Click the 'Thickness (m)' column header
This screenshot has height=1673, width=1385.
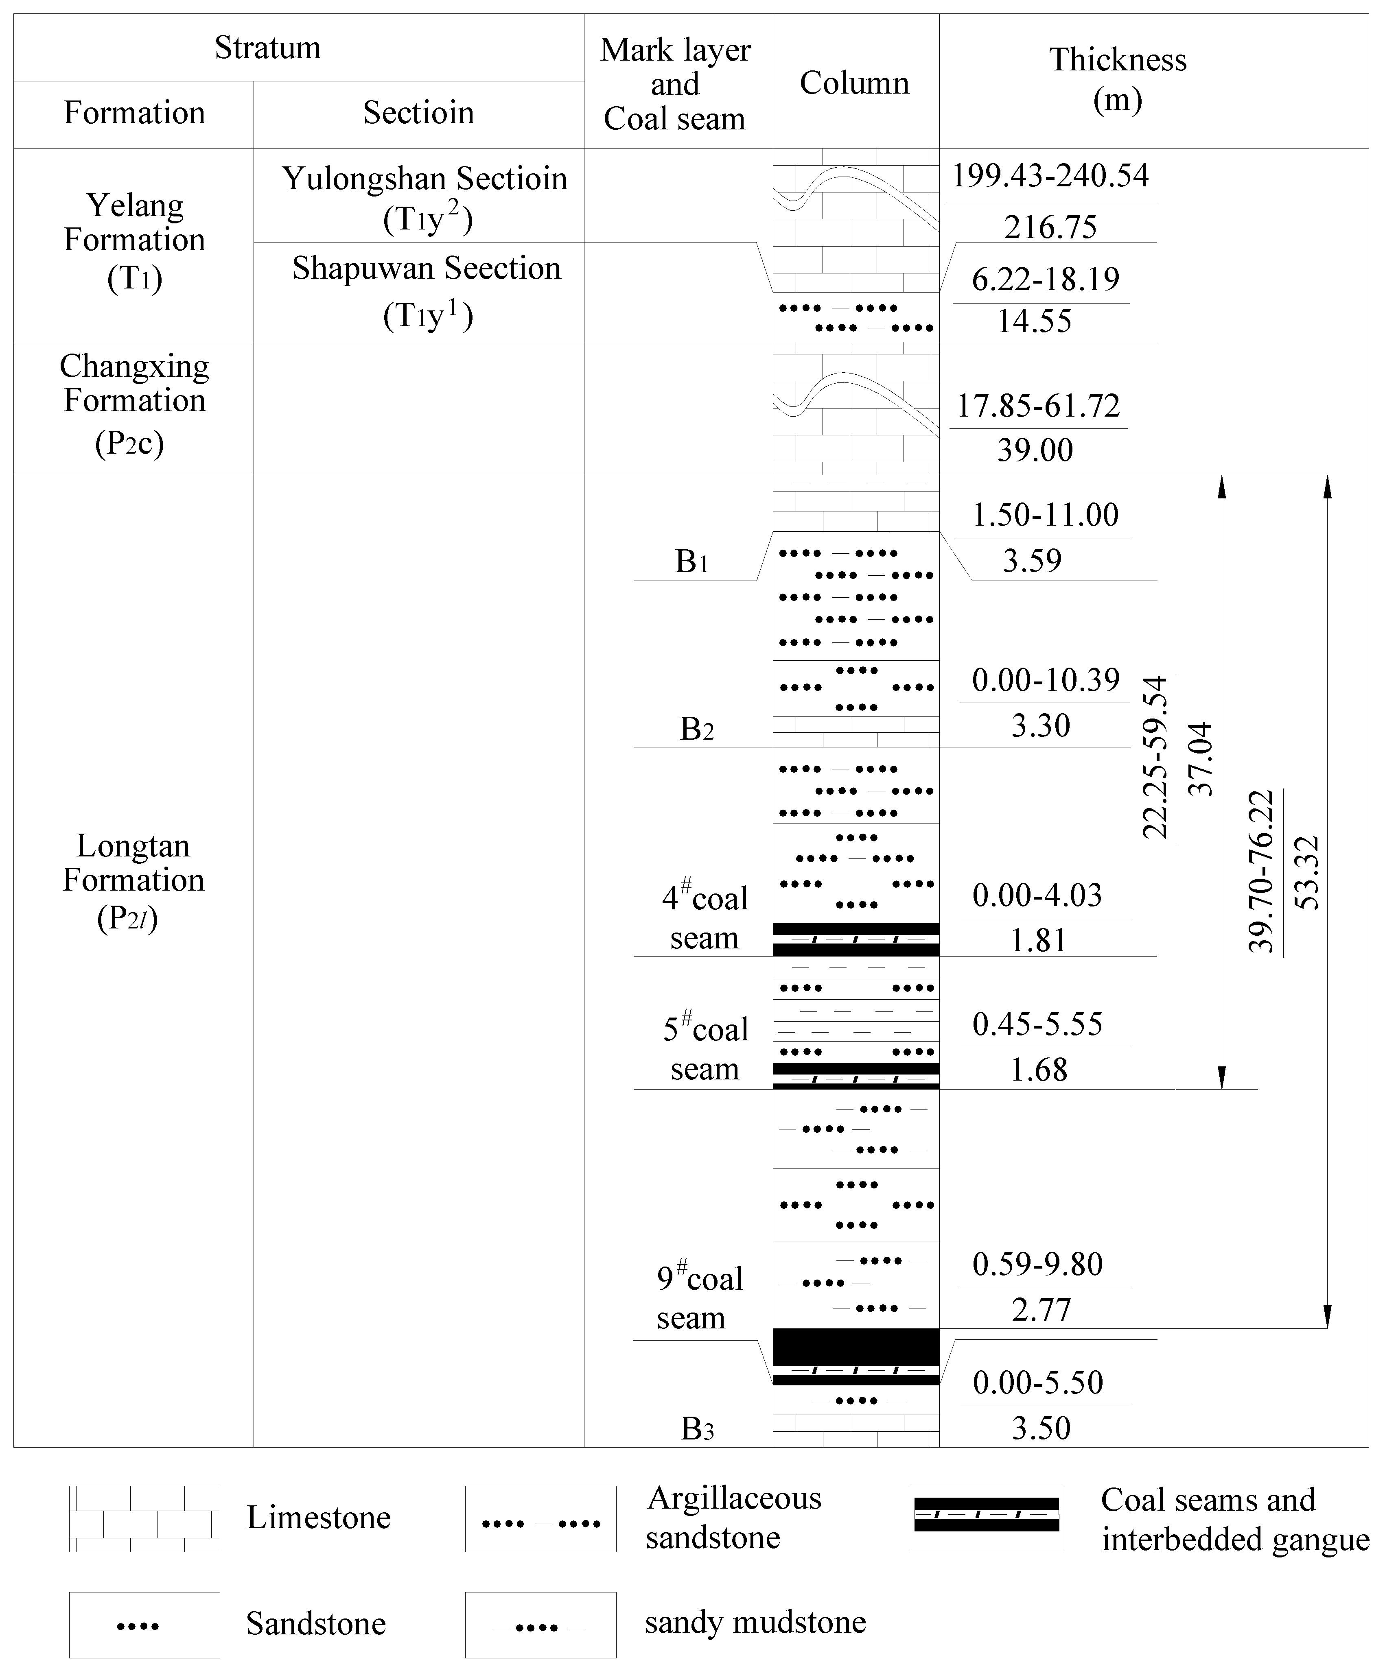coord(1117,80)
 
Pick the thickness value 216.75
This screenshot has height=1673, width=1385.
coord(1050,227)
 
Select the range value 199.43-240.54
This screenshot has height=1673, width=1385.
coord(1050,175)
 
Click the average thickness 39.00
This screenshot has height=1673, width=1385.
coord(1035,450)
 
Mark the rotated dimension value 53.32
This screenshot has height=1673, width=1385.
coord(1307,872)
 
